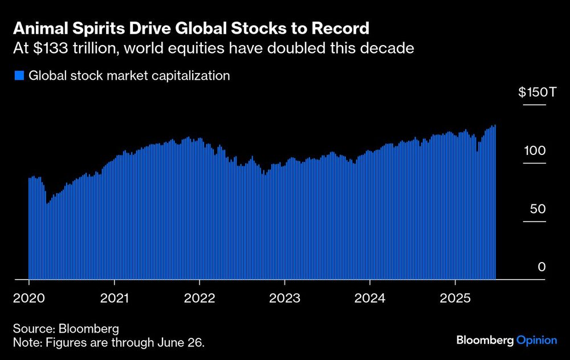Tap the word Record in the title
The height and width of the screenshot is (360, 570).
pos(341,28)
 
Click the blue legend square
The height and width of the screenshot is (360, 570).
pos(19,75)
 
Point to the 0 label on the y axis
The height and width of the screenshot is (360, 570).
pos(543,267)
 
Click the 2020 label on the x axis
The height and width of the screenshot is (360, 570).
pos(29,297)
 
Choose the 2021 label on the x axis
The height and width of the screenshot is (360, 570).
pos(115,297)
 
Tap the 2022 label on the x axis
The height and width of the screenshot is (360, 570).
pos(199,297)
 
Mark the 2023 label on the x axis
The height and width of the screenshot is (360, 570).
pos(284,297)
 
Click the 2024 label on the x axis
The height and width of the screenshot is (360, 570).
pos(370,297)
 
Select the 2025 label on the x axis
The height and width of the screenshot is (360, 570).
pos(455,297)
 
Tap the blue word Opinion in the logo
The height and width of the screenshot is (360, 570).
pos(536,341)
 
